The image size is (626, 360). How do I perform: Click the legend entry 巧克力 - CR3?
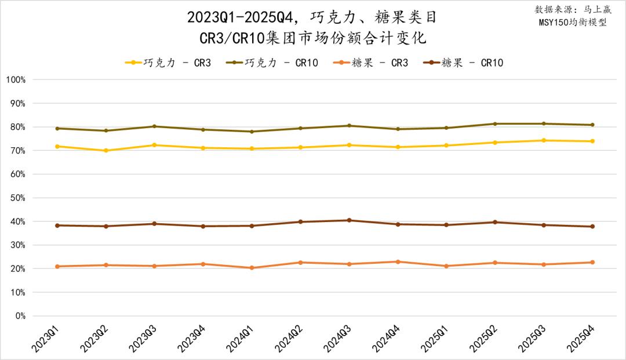point(168,63)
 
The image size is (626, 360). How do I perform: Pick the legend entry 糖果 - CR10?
point(463,63)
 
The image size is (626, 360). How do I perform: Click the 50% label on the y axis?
point(17,198)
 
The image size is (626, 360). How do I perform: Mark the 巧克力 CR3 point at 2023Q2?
point(105,151)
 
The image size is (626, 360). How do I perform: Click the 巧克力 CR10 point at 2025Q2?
point(494,123)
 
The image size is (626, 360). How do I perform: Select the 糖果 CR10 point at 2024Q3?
point(349,220)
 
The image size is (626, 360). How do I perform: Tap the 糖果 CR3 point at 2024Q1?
point(252,268)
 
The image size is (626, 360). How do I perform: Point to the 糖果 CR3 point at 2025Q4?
point(592,262)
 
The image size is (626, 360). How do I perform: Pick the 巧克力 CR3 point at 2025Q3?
point(543,140)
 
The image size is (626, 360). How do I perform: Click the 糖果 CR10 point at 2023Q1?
point(57,226)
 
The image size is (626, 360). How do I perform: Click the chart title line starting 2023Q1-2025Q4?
point(312,17)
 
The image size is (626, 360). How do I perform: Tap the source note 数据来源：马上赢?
point(571,10)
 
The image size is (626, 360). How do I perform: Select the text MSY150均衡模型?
point(572,23)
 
